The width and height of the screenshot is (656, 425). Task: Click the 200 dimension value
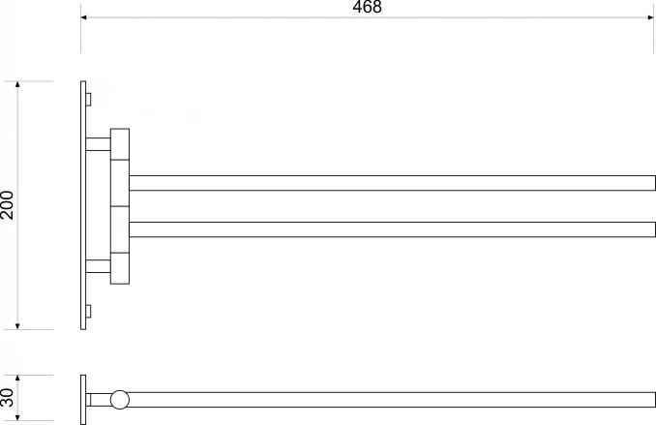(9, 204)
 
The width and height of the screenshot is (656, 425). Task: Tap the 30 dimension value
(9, 397)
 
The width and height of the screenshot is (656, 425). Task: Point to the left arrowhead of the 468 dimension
(84, 17)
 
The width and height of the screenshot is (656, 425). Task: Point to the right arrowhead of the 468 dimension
(651, 17)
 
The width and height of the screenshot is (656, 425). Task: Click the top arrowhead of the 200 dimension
(19, 85)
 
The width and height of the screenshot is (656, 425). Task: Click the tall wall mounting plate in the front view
(83, 204)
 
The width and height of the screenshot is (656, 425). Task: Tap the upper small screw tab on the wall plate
(89, 99)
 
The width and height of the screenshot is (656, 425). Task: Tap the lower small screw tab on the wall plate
(89, 311)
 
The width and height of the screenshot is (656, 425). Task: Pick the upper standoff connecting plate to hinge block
(98, 144)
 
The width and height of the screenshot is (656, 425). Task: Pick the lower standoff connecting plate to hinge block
(98, 266)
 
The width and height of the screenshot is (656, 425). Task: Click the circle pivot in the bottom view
(120, 399)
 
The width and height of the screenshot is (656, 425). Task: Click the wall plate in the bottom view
(83, 398)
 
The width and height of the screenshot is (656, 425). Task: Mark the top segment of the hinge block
(120, 144)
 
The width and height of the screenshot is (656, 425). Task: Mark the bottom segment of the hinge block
(120, 268)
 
